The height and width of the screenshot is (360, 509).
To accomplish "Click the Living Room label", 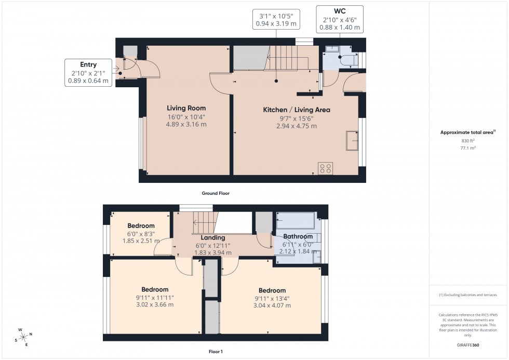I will tap(186, 108).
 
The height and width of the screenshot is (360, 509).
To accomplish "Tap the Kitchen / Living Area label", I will tap(296, 110).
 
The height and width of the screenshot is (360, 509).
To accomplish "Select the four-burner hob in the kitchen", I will tap(326, 168).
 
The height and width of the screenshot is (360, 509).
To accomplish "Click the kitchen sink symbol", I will tap(352, 141).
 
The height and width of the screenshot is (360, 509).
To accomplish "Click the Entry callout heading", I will tap(88, 64).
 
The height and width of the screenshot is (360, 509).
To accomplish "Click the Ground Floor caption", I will tap(216, 193).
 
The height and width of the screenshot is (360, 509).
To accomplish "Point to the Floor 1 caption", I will tap(215, 352).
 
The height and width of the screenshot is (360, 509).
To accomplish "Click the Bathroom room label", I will tap(298, 237).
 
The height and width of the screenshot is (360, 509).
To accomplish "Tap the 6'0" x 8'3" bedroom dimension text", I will tap(141, 234).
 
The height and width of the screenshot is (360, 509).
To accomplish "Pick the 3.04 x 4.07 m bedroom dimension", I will tap(272, 306).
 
